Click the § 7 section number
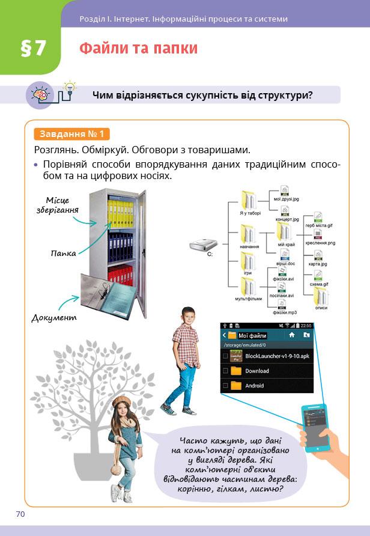tap(33, 49)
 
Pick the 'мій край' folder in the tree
tap(285, 232)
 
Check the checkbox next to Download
tap(225, 371)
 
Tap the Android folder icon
tap(236, 386)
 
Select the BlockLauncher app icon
tap(236, 356)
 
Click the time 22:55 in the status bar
tap(306, 326)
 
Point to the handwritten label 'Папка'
tap(63, 254)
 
